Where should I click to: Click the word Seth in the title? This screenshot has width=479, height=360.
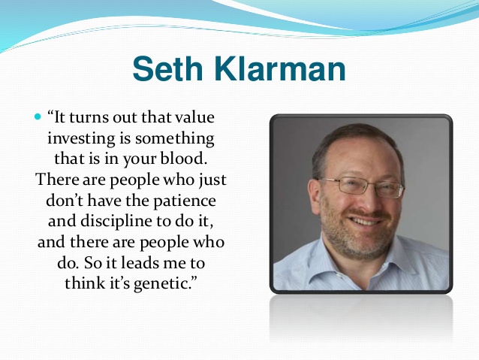[x=167, y=68]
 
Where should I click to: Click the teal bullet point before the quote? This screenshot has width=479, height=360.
[x=38, y=116]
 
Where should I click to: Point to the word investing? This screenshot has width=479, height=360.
[x=81, y=138]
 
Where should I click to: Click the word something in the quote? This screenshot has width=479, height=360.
[x=175, y=138]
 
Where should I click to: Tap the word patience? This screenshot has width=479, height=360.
[x=185, y=201]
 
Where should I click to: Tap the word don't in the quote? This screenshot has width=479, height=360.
[x=65, y=201]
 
